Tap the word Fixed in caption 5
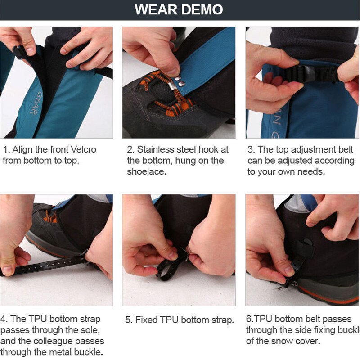pyautogui.click(x=147, y=320)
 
